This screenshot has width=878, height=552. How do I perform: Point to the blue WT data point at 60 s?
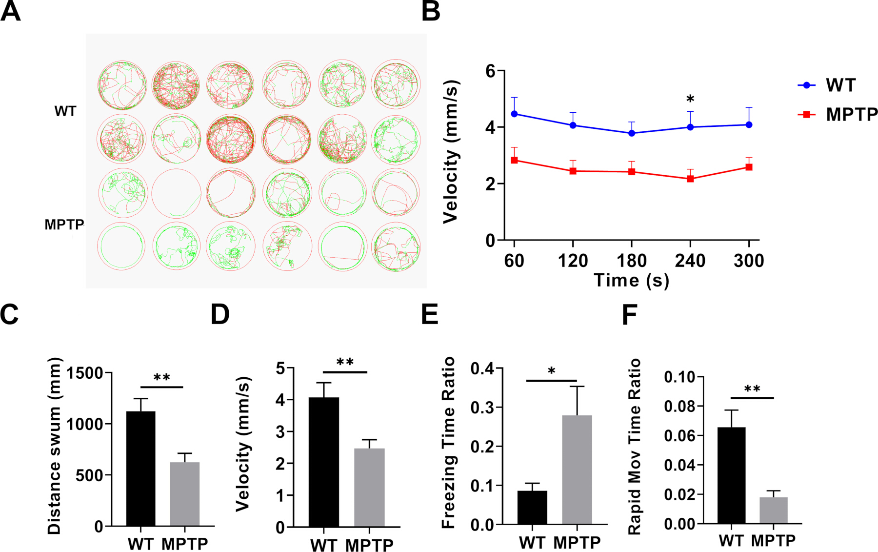(x=514, y=114)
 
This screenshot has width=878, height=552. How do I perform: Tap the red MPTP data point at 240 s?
(x=690, y=179)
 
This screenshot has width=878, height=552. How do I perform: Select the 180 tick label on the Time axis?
(x=632, y=261)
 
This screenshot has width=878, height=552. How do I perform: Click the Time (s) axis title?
(x=632, y=281)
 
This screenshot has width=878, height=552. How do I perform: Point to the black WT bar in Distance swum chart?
(x=140, y=469)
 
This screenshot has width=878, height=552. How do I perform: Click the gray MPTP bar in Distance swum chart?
(x=185, y=494)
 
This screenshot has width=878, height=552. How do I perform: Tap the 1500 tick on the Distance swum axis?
(x=85, y=373)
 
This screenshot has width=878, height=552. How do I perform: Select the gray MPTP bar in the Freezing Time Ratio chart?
(x=577, y=470)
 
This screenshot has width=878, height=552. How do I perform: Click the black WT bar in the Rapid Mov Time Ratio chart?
(x=731, y=475)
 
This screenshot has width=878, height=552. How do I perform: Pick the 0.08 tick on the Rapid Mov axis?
(x=680, y=406)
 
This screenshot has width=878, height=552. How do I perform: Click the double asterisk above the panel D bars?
(x=345, y=363)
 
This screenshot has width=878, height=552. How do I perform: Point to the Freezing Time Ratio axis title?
(x=448, y=443)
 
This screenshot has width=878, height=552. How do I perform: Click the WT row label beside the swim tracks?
(x=65, y=111)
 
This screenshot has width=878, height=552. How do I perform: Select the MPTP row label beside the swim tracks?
(x=64, y=225)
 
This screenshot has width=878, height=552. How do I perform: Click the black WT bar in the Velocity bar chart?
(x=324, y=462)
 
